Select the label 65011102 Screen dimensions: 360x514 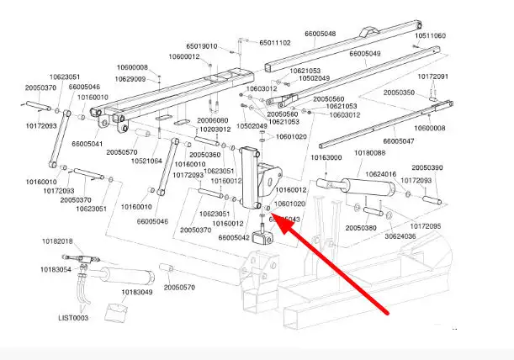pos(275,42)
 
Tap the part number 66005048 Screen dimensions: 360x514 pos(320,34)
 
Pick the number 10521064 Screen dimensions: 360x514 pos(146,161)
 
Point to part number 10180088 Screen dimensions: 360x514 pos(370,152)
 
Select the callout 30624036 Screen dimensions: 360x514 pos(401,236)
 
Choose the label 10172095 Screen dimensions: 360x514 pos(426,226)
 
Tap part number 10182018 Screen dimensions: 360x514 pos(57,241)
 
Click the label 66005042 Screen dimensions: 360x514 pos(233,237)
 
